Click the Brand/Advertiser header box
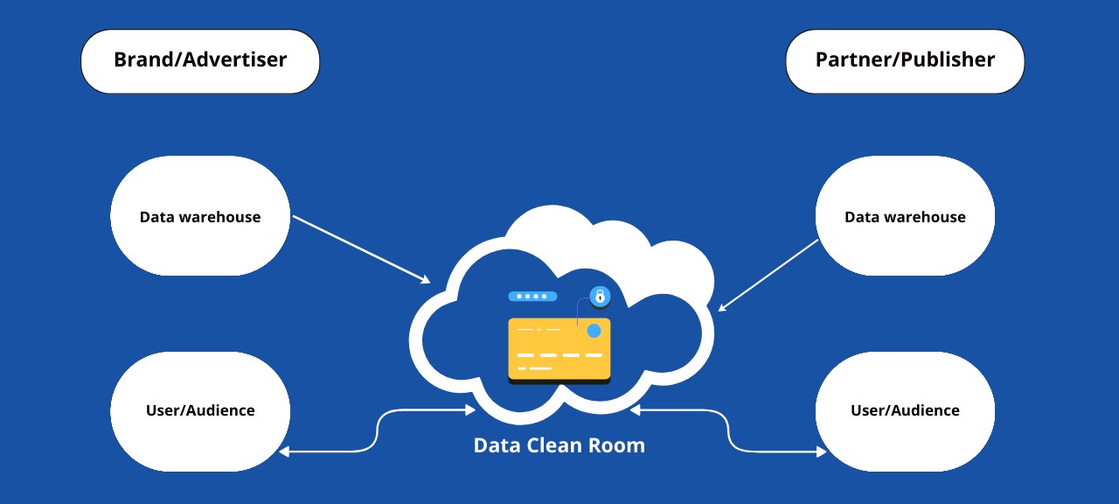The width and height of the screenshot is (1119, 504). [200, 60]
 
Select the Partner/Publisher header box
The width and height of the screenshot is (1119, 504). [905, 60]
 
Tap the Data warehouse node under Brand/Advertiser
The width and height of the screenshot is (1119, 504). [200, 216]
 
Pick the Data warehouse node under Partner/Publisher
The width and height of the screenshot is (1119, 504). [905, 216]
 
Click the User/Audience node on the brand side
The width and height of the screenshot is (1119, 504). [200, 410]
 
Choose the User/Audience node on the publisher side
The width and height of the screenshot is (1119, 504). [905, 410]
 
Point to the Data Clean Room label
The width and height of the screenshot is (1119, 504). [559, 445]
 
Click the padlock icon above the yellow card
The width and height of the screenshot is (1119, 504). [600, 297]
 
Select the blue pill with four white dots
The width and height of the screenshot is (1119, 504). [532, 297]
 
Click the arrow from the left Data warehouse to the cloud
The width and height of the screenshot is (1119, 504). [360, 248]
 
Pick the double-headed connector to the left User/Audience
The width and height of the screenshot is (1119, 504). [377, 430]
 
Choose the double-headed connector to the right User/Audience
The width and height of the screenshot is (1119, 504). [728, 430]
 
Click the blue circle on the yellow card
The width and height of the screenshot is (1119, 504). [594, 331]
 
